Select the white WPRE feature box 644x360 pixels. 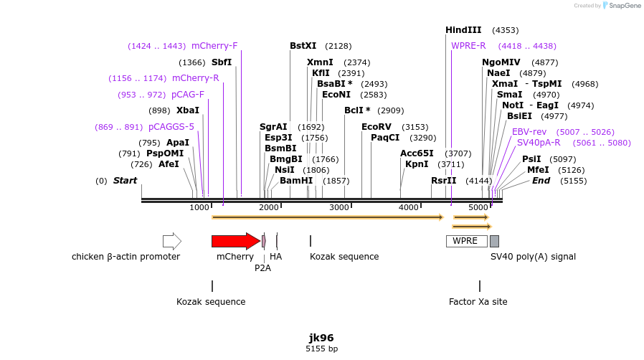click(x=466, y=241)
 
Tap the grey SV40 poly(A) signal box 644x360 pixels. click(x=494, y=241)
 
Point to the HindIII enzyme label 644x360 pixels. click(x=463, y=30)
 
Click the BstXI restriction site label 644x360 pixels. click(x=303, y=46)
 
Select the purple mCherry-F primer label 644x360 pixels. click(x=214, y=46)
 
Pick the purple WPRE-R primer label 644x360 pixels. click(x=468, y=46)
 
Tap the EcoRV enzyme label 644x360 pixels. click(x=377, y=127)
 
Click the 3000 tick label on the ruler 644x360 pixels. click(x=338, y=208)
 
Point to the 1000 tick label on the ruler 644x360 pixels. click(x=199, y=208)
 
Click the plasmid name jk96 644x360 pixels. click(x=321, y=338)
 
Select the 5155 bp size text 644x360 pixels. click(x=321, y=349)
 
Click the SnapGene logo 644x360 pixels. click(x=622, y=6)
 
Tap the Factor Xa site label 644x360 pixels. click(x=478, y=302)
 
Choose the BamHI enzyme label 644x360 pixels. click(x=296, y=181)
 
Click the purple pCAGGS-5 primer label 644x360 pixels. click(x=171, y=127)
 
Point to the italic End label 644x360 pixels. click(x=541, y=181)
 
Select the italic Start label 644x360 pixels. click(x=125, y=181)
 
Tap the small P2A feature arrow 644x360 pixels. click(x=264, y=241)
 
